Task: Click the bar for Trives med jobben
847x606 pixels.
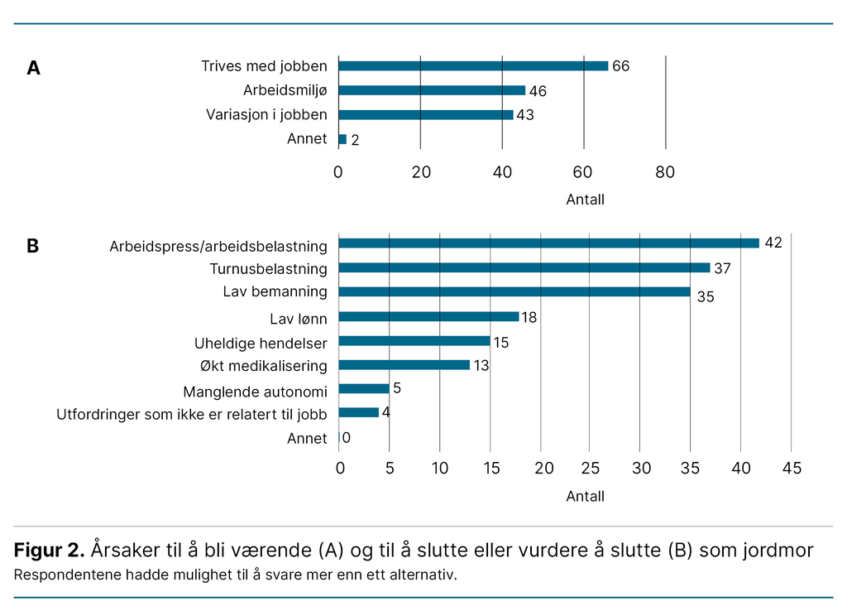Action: point(473,66)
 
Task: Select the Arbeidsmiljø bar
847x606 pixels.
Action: point(432,90)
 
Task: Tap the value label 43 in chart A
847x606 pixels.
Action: point(524,115)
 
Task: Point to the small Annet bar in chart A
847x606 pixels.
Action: point(342,139)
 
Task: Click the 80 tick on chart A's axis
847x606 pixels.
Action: point(665,172)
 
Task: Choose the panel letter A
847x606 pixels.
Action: point(33,68)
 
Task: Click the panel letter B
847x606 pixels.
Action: point(33,246)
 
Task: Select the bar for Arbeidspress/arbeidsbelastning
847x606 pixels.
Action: point(549,243)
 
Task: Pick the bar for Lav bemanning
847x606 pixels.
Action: point(514,291)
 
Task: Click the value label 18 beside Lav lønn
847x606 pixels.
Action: point(529,318)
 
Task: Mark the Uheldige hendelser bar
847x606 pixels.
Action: point(414,340)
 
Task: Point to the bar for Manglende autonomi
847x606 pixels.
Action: point(364,388)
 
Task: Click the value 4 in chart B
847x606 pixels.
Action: point(385,411)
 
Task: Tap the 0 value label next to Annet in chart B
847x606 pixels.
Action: point(346,437)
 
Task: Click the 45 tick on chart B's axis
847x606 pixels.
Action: point(792,469)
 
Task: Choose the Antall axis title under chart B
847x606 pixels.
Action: point(585,496)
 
